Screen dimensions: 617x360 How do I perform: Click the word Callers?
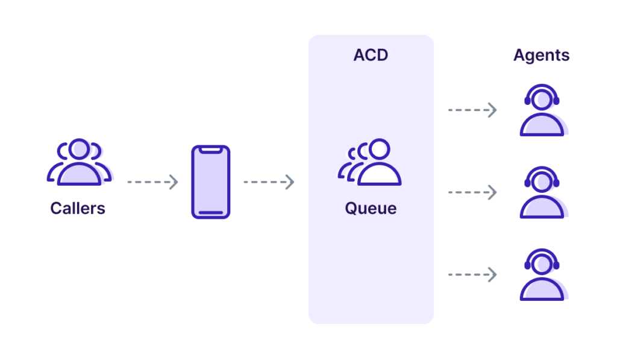(x=78, y=209)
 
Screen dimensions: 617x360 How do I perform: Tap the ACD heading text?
(x=371, y=55)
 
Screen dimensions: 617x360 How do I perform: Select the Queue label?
(x=371, y=209)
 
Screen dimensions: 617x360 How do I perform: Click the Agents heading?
(x=542, y=55)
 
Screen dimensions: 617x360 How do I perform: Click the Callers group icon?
(x=80, y=162)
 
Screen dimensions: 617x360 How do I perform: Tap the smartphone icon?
(x=211, y=182)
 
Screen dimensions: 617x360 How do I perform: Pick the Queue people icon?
(x=369, y=162)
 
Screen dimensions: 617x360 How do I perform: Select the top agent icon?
(x=543, y=110)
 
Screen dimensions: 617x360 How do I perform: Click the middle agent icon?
(x=543, y=192)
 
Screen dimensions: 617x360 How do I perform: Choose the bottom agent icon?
(x=543, y=275)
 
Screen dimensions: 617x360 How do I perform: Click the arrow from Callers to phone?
(x=152, y=182)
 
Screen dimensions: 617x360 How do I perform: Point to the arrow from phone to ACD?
(x=269, y=182)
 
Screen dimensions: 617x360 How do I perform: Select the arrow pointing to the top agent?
(x=472, y=110)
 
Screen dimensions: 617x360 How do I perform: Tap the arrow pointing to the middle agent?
(x=472, y=192)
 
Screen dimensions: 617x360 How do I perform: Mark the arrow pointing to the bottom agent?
(x=472, y=274)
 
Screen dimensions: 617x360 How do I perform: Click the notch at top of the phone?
(x=211, y=150)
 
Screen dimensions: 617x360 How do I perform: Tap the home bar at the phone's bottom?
(x=211, y=213)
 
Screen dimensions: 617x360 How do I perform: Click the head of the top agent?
(x=542, y=100)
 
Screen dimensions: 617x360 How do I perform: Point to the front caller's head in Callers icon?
(x=79, y=150)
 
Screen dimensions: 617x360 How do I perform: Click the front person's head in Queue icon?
(x=380, y=149)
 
